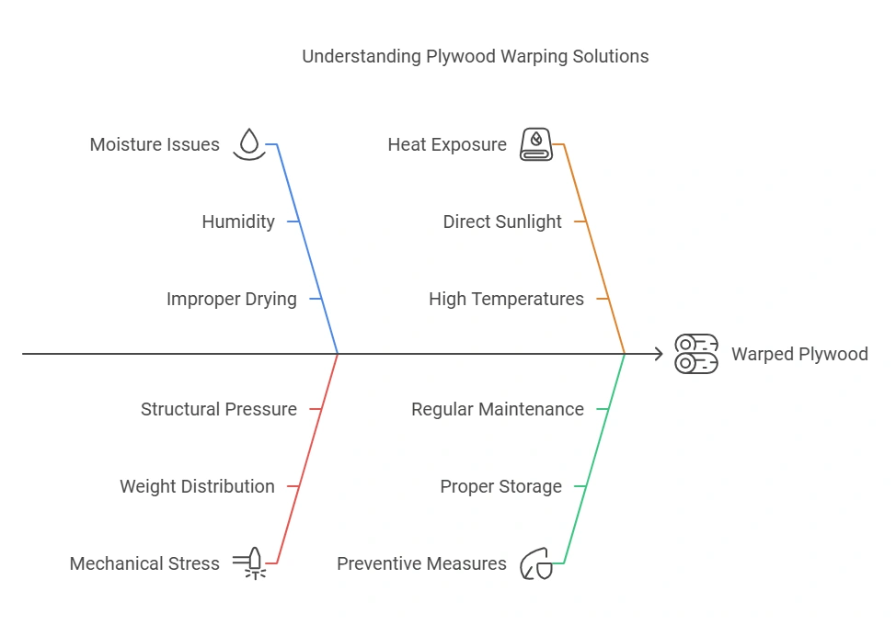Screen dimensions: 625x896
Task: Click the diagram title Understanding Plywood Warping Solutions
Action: (475, 56)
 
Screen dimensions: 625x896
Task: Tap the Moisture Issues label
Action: (155, 144)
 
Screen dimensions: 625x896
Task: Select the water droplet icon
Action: (248, 144)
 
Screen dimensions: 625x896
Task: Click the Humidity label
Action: (238, 222)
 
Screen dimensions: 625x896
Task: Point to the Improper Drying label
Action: (232, 299)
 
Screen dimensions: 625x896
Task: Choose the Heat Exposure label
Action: (447, 144)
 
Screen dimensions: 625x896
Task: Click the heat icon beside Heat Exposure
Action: (535, 144)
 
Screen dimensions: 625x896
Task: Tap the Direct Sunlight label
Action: (502, 222)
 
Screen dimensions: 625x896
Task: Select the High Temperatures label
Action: (506, 299)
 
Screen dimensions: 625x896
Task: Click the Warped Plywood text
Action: (799, 354)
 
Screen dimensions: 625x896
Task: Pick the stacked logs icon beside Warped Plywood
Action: (696, 354)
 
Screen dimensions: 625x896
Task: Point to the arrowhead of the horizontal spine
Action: (658, 354)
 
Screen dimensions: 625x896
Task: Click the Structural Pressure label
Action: (219, 409)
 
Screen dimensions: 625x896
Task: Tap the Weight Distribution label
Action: (197, 486)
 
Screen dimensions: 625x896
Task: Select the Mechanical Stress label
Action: (144, 563)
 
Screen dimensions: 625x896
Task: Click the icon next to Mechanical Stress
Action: (250, 563)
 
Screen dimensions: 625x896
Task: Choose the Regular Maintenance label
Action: (498, 409)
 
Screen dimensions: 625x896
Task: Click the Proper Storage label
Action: (500, 486)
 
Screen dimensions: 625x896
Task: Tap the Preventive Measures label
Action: (421, 563)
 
